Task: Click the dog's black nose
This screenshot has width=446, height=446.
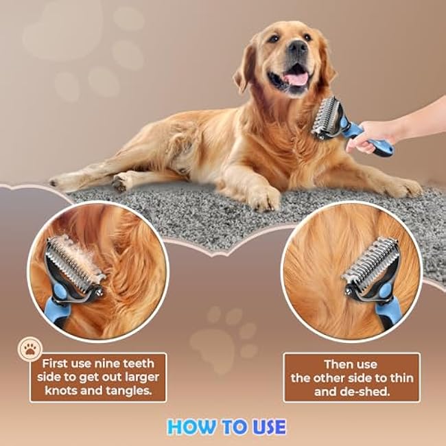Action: (x=298, y=47)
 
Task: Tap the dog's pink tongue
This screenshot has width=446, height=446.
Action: (x=296, y=78)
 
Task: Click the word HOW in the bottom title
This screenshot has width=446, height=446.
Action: (x=191, y=427)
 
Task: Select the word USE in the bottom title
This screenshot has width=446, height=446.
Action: (x=269, y=427)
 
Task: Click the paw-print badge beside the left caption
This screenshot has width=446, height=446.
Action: (x=30, y=349)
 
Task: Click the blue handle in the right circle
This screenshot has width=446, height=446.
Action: (x=389, y=309)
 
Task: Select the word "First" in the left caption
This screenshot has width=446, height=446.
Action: (x=55, y=364)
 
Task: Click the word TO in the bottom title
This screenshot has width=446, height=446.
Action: (x=234, y=427)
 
